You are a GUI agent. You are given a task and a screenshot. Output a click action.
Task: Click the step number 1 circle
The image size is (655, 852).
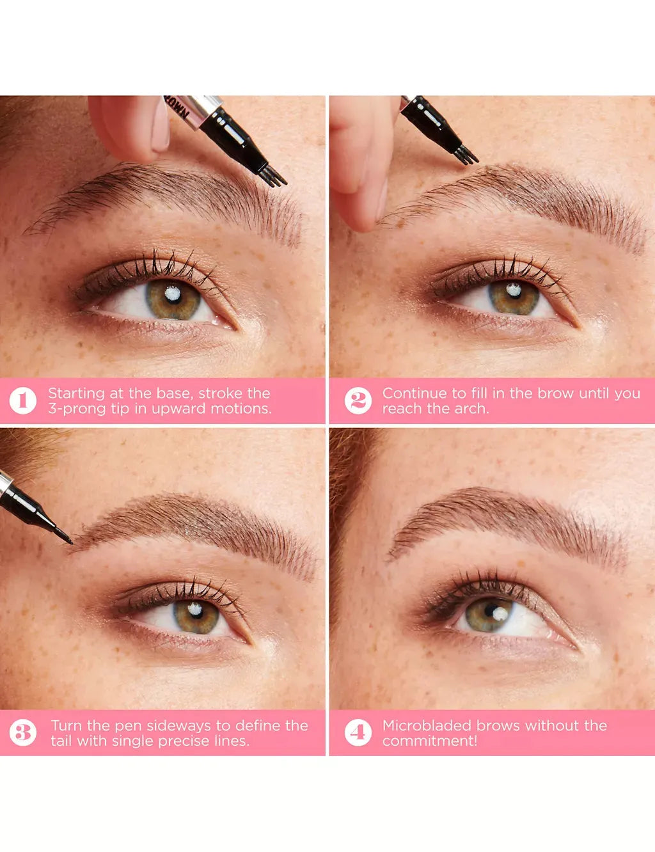(23, 401)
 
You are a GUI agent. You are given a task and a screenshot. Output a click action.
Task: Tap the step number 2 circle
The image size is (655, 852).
(358, 401)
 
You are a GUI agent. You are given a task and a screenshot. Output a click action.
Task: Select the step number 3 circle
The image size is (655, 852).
(23, 733)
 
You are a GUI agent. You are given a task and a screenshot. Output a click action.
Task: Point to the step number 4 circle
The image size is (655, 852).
(358, 733)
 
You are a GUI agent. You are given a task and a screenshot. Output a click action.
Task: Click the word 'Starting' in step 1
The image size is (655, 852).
(75, 393)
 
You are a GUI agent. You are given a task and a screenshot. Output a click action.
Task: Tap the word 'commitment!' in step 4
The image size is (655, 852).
(430, 741)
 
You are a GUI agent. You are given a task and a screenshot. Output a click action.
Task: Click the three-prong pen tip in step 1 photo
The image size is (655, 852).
(274, 176)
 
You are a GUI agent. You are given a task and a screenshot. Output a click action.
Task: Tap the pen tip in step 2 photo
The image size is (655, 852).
(466, 154)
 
